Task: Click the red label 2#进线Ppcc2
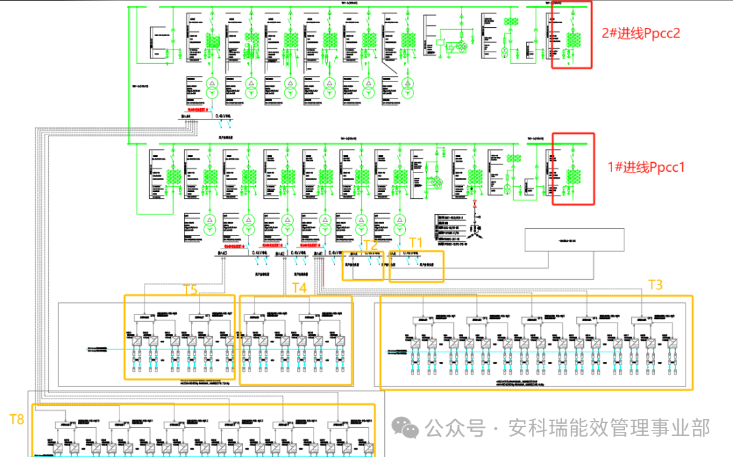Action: (x=640, y=33)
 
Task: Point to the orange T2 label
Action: (x=370, y=245)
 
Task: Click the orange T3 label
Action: (x=656, y=285)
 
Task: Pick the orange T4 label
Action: (x=299, y=287)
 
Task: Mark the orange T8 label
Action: (x=16, y=419)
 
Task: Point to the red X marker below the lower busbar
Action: (x=475, y=202)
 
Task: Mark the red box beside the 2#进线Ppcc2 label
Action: (x=571, y=34)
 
